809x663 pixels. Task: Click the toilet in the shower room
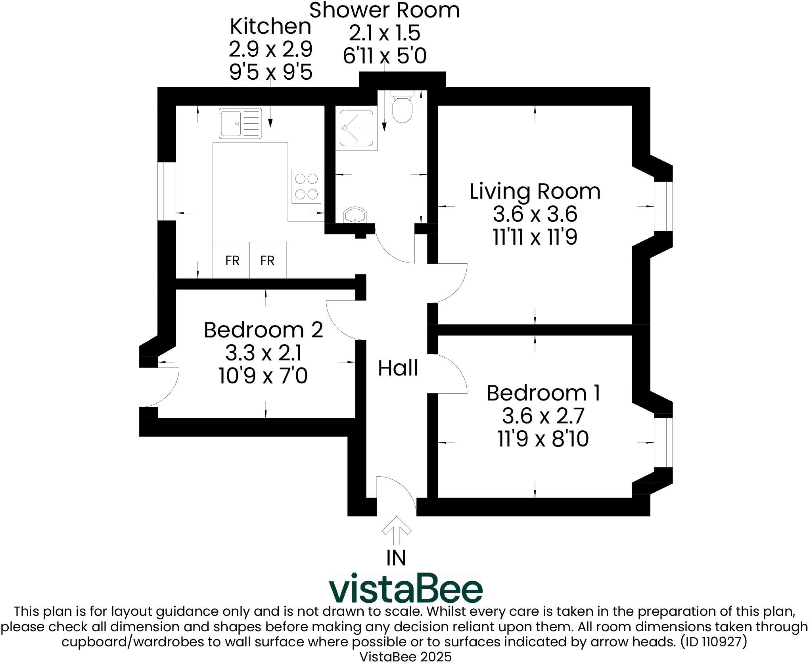pos(403,107)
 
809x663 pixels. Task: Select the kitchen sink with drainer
pos(240,123)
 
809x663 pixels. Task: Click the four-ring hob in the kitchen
pos(306,187)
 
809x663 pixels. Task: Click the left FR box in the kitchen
pos(232,260)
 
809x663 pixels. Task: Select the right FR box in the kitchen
pos(268,260)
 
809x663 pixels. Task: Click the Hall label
pos(398,368)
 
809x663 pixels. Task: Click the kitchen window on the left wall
pos(167,191)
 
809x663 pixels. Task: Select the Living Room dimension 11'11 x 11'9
pos(535,238)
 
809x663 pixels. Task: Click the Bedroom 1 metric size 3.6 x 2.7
pos(543,416)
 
